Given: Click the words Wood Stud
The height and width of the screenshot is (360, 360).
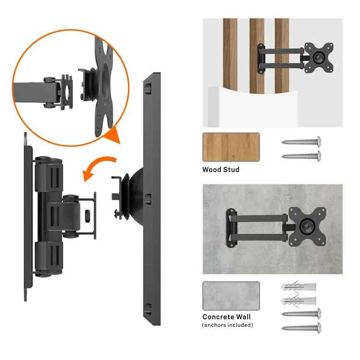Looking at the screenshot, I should tap(220, 169).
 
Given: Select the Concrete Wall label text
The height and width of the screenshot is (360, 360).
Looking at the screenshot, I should tap(226, 317).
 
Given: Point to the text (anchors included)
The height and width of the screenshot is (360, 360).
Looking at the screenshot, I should tap(228, 325).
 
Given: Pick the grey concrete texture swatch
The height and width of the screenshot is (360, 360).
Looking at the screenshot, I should tap(231, 296).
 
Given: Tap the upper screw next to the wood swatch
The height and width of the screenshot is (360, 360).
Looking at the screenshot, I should tap(301, 142).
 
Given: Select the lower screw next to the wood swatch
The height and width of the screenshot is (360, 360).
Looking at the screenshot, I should tap(301, 156).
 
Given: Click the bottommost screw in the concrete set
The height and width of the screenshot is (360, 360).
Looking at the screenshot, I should tap(301, 328).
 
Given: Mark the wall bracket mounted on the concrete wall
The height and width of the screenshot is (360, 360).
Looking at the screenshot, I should tap(232, 226).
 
